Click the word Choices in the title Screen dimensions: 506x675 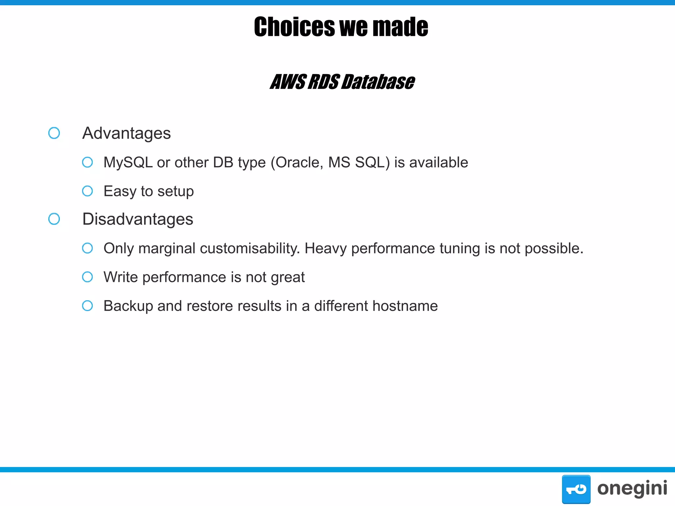(294, 27)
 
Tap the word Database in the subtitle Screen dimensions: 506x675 (378, 82)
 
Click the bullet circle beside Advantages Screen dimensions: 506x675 (54, 133)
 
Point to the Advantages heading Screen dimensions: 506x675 (127, 133)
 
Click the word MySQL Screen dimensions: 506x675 (128, 162)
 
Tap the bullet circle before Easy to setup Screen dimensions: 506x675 (87, 191)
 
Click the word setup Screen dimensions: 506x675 (176, 191)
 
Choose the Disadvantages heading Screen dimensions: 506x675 (138, 219)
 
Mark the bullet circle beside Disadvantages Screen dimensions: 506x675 (54, 219)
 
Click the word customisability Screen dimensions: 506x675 (250, 248)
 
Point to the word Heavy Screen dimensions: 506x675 (325, 248)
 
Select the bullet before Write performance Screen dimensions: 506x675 (87, 277)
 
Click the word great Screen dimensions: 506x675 (288, 277)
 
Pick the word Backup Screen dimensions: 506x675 (128, 306)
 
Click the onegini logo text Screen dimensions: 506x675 (632, 488)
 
